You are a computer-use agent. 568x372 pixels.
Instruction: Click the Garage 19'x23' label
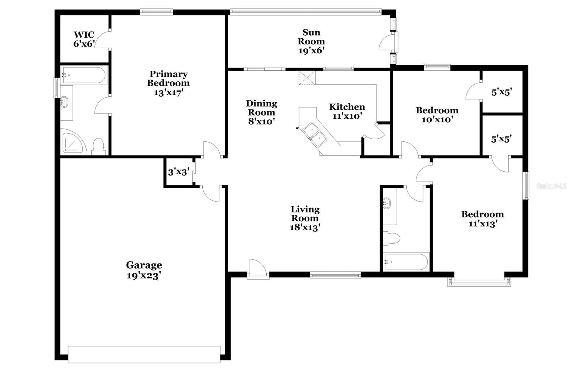coord(144,270)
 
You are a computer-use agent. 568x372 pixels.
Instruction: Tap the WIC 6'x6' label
coord(84,39)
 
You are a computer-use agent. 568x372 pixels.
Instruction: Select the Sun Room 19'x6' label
coord(311,42)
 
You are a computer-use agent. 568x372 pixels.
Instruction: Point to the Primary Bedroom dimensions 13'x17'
coord(168,92)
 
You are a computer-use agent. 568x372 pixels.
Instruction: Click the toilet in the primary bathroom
coord(98,146)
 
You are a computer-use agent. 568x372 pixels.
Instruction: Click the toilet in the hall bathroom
coord(392,238)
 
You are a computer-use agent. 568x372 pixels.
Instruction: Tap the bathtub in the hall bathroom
coord(406,262)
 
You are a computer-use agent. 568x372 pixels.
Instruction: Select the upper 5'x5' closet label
coord(501,92)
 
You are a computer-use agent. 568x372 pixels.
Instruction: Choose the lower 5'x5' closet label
coord(501,139)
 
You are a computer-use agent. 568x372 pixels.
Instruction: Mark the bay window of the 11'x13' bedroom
coord(479,282)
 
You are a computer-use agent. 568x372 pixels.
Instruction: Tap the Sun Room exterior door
coord(386,43)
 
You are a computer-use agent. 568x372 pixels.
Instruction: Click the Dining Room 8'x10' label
coord(261,112)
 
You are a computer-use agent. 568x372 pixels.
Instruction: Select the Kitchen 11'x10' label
coord(347,111)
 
